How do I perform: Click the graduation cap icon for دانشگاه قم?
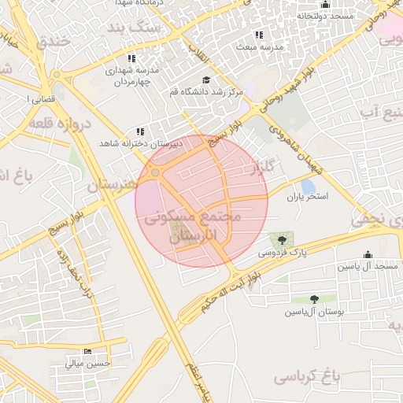(206, 80)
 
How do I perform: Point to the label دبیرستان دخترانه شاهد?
(141, 144)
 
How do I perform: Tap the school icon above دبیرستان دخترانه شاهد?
(140, 132)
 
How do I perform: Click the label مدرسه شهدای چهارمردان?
(125, 76)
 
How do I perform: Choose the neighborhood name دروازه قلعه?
(59, 123)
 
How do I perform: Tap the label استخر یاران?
(306, 195)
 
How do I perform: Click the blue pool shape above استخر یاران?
(308, 184)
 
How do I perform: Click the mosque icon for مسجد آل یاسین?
(368, 254)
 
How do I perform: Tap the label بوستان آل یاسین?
(314, 312)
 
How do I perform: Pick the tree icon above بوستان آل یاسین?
(315, 299)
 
